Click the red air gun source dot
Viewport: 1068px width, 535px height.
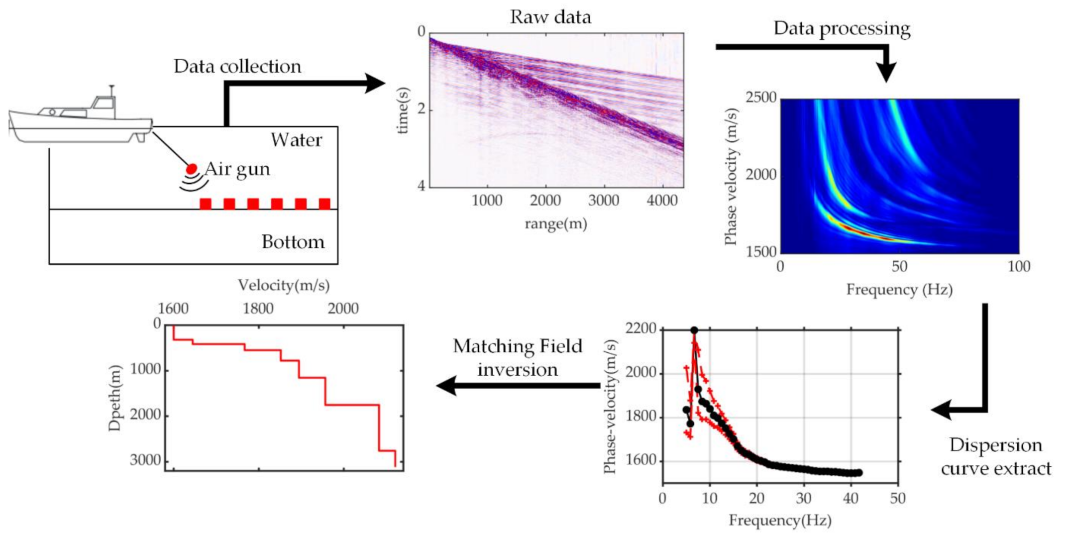tap(191, 169)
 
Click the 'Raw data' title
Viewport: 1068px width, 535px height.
tap(550, 17)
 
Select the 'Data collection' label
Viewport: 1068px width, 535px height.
tap(237, 67)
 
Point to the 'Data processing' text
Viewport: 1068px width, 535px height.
tap(842, 28)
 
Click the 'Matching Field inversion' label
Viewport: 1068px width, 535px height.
tap(517, 358)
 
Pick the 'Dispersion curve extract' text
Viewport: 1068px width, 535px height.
tap(996, 456)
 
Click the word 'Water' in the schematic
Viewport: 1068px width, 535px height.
tap(296, 140)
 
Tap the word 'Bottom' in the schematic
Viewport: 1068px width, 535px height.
tap(293, 242)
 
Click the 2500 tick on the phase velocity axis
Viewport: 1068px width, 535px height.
tap(761, 98)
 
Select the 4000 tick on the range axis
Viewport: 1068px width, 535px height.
tap(662, 201)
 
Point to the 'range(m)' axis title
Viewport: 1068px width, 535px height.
tap(556, 224)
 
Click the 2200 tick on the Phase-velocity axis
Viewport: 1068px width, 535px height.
tap(641, 329)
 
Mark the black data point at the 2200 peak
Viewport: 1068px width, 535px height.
tap(694, 330)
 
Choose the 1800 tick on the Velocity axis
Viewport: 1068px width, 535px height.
tap(258, 309)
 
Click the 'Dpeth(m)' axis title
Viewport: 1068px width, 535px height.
tap(115, 398)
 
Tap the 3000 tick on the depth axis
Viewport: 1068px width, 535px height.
tap(145, 460)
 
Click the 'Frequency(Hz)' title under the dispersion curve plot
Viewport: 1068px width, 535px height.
tap(780, 521)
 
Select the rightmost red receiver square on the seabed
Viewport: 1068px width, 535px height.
tap(324, 204)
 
